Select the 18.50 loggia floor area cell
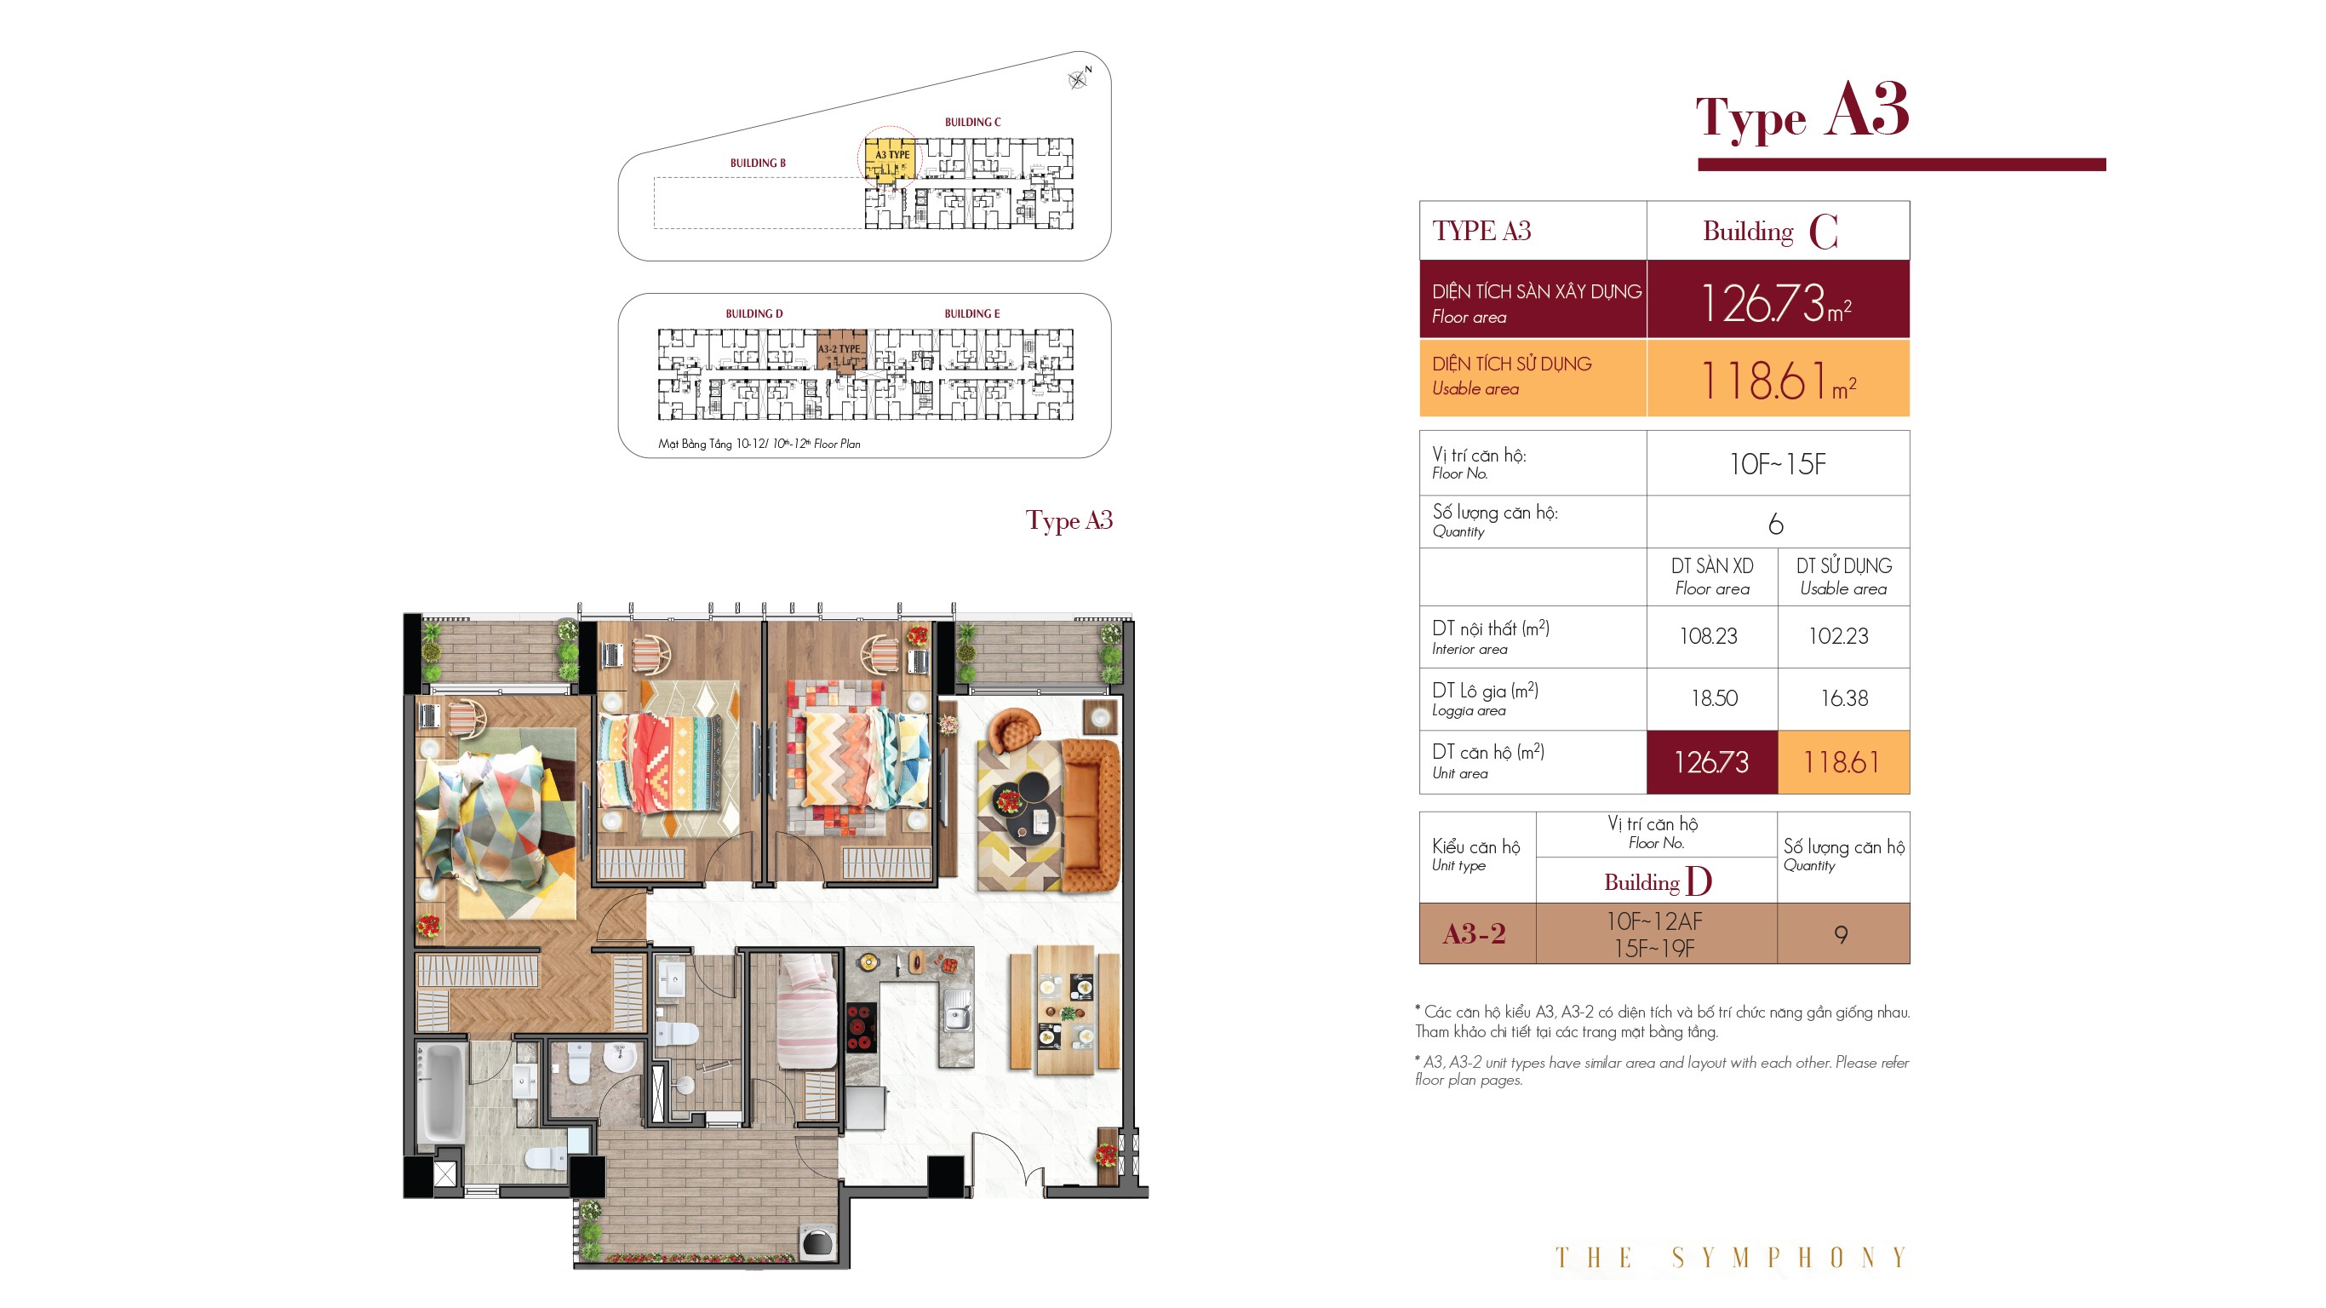pyautogui.click(x=1713, y=698)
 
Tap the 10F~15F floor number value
pyautogui.click(x=1777, y=464)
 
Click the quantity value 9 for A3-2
pyautogui.click(x=1841, y=934)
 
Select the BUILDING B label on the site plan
pyautogui.click(x=758, y=163)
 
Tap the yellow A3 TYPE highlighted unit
pyautogui.click(x=890, y=160)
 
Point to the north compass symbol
pyautogui.click(x=1078, y=78)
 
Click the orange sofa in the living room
pyautogui.click(x=1091, y=815)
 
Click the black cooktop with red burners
pyautogui.click(x=861, y=1029)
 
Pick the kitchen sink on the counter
pyautogui.click(x=957, y=1010)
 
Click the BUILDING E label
pyautogui.click(x=971, y=314)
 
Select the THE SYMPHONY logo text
pyautogui.click(x=1730, y=1258)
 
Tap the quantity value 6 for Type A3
pyautogui.click(x=1776, y=524)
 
